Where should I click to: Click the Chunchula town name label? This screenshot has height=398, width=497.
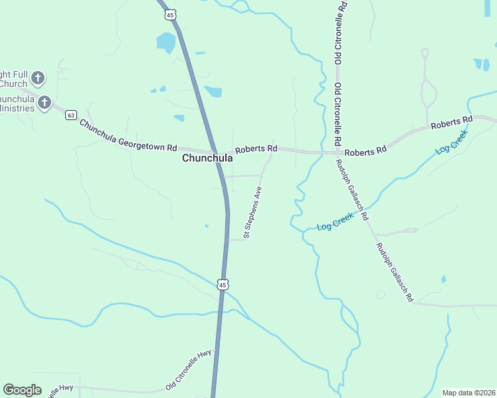[x=207, y=159]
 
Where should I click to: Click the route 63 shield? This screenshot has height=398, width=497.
[x=71, y=115]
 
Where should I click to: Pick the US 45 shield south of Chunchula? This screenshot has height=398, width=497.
[x=223, y=284]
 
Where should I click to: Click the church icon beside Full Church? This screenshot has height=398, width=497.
[x=38, y=78]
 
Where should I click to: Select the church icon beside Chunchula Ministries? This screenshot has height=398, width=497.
[x=45, y=102]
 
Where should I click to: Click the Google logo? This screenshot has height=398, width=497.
[x=22, y=390]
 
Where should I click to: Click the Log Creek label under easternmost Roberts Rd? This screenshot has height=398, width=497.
[x=452, y=142]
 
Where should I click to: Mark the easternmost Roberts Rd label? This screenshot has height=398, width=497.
[x=451, y=123]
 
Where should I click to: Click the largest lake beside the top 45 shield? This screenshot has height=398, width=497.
[x=165, y=42]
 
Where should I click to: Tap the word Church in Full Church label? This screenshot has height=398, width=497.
[x=13, y=84]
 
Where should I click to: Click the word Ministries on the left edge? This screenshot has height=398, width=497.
[x=17, y=107]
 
